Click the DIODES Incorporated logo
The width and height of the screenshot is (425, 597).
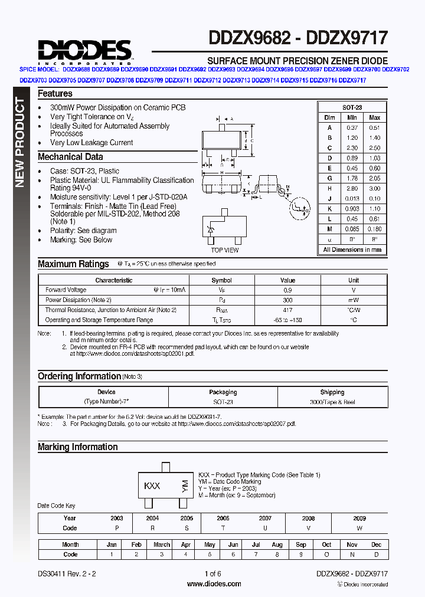(84, 51)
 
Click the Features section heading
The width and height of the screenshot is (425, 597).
(55, 93)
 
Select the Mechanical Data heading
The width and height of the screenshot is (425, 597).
(70, 157)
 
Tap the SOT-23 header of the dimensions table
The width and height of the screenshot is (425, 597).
(352, 107)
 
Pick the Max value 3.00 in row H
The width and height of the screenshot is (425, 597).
(374, 188)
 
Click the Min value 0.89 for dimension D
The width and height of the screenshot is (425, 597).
(352, 158)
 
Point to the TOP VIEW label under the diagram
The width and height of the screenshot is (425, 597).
(225, 250)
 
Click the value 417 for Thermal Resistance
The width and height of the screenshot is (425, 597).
(287, 310)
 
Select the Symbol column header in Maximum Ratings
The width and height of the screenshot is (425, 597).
(222, 280)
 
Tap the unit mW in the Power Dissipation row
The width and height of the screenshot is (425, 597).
(353, 300)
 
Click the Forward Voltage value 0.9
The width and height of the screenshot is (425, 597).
(287, 290)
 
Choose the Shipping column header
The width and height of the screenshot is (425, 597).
(332, 392)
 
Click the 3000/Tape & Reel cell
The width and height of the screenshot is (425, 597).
(332, 402)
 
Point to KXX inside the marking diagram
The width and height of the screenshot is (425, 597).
(152, 486)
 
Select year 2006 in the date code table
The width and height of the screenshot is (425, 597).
(223, 518)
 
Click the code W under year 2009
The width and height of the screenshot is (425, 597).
(359, 528)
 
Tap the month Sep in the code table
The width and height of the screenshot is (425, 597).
(301, 544)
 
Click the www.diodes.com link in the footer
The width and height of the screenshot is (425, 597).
(214, 584)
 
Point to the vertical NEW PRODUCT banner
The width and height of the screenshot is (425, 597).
(19, 142)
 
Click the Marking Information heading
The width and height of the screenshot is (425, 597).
(78, 447)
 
